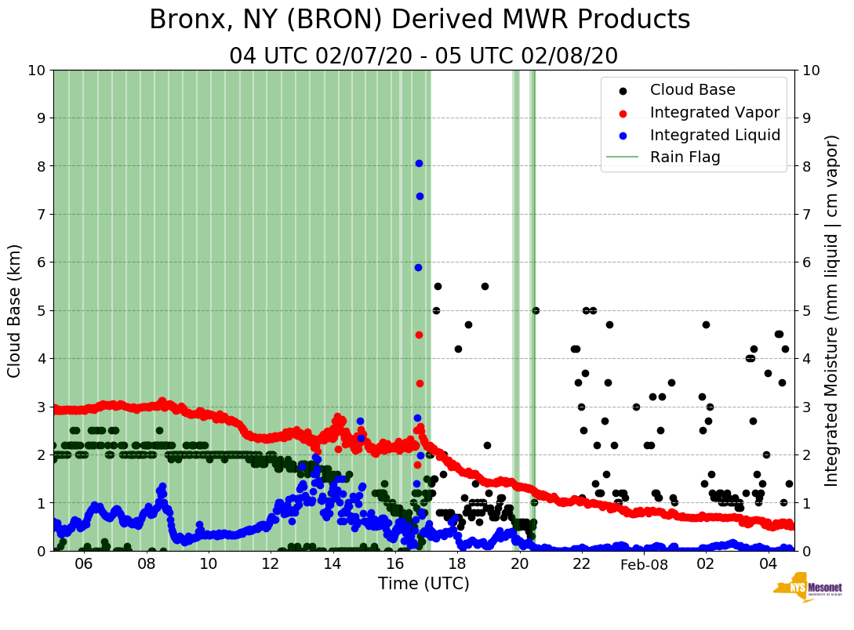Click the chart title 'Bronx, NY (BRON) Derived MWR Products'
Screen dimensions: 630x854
tap(420, 20)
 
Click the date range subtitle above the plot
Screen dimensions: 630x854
tap(423, 56)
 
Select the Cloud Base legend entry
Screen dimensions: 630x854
tap(692, 90)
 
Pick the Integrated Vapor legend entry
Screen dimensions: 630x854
tap(714, 112)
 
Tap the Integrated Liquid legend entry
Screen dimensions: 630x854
tap(715, 135)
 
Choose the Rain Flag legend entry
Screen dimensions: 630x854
tap(685, 157)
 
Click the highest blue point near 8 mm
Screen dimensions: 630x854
tap(419, 163)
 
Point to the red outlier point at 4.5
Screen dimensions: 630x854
tap(419, 335)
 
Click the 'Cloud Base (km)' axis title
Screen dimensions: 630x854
tap(15, 310)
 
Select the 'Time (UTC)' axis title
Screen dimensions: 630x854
tap(423, 584)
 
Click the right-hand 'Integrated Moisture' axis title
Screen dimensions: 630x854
tap(832, 310)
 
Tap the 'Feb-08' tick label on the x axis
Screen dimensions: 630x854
tap(643, 564)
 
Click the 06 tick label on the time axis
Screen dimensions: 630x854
tap(84, 564)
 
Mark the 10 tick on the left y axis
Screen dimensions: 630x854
tap(36, 71)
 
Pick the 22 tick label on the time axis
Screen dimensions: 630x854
tap(581, 564)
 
